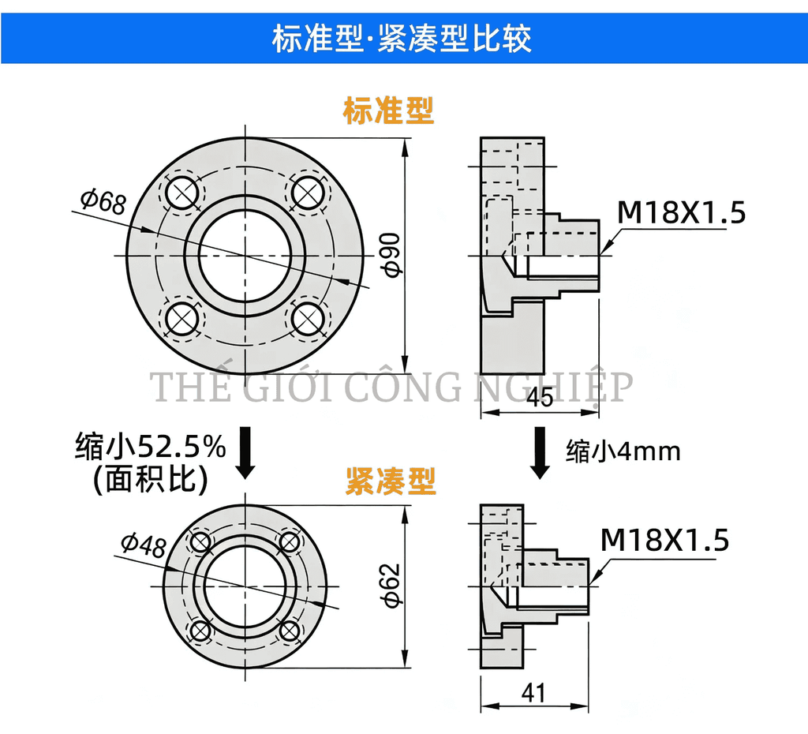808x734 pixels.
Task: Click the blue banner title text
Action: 402,38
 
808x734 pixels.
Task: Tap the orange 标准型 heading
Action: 388,110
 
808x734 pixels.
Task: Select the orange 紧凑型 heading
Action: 391,481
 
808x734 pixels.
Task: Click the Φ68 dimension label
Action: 103,201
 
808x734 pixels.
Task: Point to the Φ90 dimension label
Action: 393,255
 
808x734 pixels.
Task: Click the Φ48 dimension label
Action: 144,545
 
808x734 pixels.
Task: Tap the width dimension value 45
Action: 541,398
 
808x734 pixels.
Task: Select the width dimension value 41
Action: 533,693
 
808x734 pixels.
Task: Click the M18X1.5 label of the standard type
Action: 681,212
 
